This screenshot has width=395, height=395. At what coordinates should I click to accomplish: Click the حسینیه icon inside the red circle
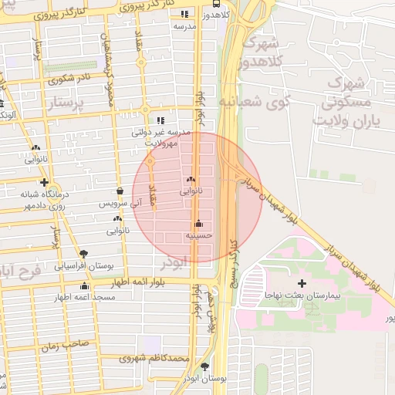(x=199, y=223)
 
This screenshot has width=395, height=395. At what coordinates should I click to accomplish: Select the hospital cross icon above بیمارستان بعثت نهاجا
(x=302, y=285)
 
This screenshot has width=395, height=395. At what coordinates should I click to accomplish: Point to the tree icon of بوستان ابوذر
(x=204, y=366)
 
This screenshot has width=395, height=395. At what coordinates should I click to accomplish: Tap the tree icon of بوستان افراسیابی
(x=83, y=253)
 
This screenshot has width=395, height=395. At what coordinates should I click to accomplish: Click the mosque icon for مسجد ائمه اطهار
(x=85, y=286)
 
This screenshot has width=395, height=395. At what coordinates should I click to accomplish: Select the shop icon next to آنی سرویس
(x=120, y=191)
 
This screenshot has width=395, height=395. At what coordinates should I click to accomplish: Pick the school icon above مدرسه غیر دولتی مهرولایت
(x=160, y=120)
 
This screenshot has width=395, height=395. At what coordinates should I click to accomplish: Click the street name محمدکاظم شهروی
(x=160, y=359)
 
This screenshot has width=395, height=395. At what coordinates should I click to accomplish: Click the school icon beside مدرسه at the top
(x=184, y=14)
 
